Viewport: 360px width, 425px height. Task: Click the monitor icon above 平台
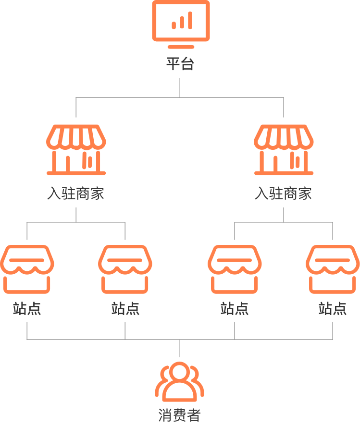pos(181,22)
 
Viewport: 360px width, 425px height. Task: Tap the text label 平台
pos(180,64)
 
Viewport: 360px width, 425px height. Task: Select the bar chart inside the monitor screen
pos(182,21)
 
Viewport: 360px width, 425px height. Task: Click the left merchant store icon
pos(76,149)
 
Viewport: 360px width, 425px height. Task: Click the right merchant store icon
pos(284,149)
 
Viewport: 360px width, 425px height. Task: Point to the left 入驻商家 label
pos(75,194)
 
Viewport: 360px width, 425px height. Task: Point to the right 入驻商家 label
pos(283,194)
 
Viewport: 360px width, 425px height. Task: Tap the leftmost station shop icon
pos(27,269)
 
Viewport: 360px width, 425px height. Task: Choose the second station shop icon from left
pos(125,269)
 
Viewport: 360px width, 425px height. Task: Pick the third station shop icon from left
pos(235,269)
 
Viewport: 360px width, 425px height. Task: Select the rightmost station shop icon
pos(333,269)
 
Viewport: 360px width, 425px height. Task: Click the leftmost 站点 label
pos(27,309)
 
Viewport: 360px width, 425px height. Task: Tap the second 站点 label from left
pos(125,309)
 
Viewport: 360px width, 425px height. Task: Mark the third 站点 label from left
pos(235,309)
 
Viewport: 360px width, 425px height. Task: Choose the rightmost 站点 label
pos(333,309)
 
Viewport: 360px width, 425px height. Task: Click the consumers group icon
pos(180,383)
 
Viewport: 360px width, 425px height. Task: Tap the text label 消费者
pos(179,415)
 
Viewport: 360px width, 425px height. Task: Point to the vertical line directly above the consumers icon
pos(180,348)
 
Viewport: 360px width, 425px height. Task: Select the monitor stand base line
pos(181,47)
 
